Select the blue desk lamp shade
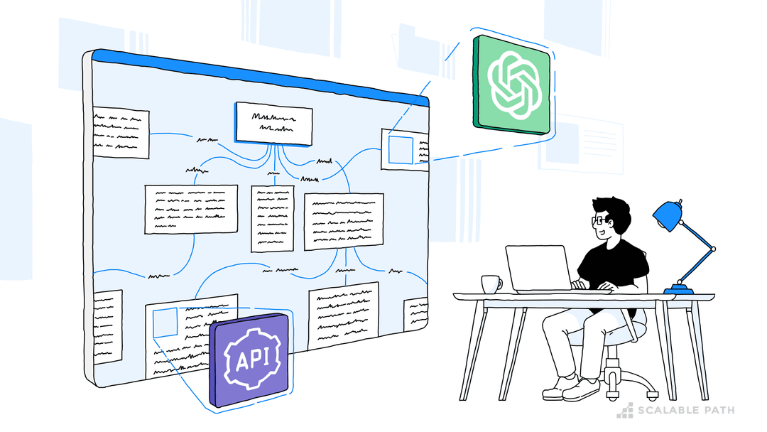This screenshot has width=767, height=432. (668, 214)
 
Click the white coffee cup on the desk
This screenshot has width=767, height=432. (490, 283)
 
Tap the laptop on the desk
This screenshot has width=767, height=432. (538, 269)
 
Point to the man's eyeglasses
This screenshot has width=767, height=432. (598, 221)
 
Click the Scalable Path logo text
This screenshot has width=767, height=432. (685, 410)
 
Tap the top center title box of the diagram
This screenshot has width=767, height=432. (273, 123)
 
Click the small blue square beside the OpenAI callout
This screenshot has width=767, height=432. (400, 150)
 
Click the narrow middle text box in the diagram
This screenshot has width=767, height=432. (272, 218)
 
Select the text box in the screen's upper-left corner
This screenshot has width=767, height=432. (121, 133)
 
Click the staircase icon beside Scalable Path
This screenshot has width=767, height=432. (625, 410)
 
